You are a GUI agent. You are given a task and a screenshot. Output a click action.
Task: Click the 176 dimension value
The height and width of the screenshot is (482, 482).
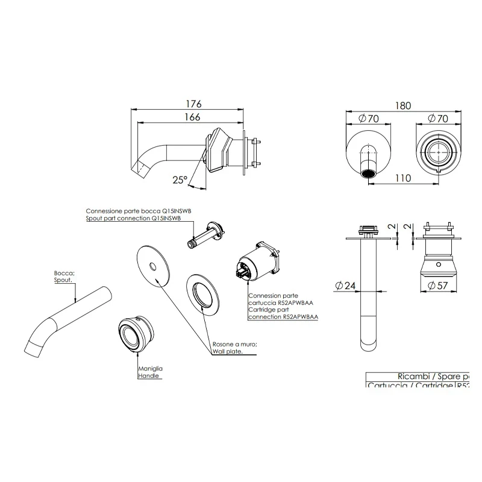pos(192,104)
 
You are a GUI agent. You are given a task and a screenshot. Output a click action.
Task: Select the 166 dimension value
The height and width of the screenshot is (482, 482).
pos(192,118)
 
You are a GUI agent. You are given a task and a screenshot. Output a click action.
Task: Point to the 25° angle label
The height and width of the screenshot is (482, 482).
pos(180,179)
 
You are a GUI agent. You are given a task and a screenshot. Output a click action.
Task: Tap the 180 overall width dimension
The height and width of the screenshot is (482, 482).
pos(403,105)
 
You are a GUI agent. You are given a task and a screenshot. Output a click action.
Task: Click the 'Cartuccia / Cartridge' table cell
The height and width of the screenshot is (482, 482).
pos(410,386)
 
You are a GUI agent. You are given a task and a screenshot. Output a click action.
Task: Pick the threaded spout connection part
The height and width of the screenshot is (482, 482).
pos(205,234)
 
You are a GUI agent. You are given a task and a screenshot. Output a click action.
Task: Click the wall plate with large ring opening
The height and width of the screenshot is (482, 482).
pos(204,294)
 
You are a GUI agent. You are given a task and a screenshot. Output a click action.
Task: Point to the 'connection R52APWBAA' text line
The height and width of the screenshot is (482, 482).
pos(283,316)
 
